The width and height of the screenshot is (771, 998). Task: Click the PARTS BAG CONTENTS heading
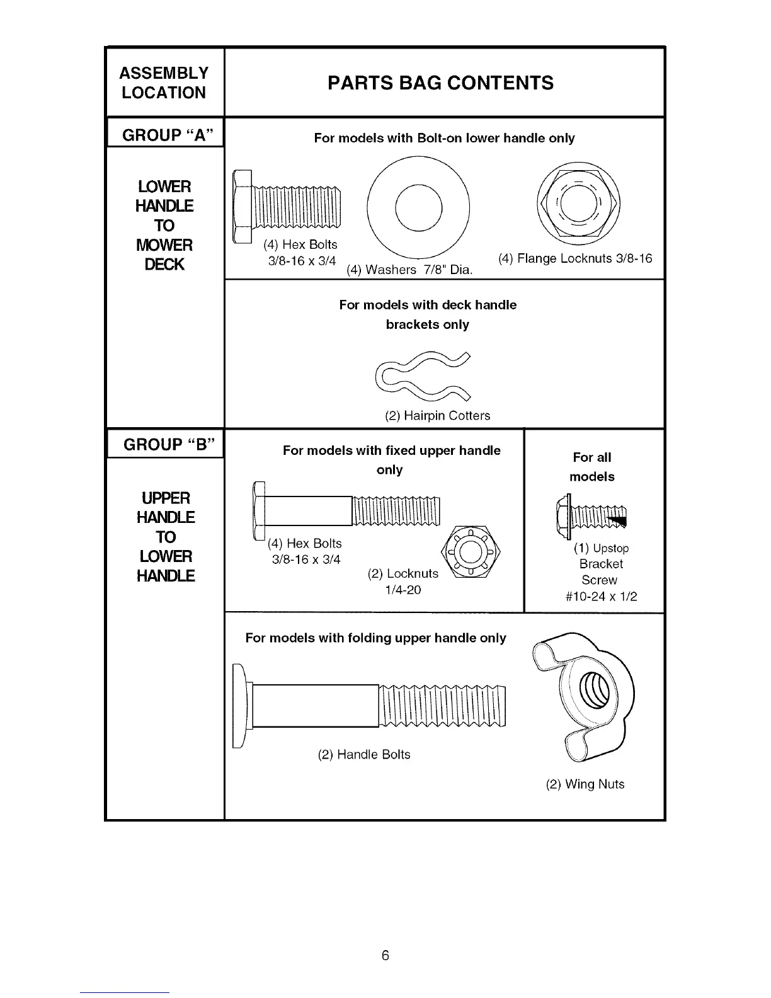(x=440, y=83)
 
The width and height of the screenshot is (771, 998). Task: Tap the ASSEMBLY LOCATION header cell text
(x=164, y=83)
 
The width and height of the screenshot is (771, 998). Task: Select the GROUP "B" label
(x=165, y=445)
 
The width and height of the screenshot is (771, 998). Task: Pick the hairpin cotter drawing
(x=423, y=377)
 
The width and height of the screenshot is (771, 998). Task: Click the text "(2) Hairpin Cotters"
(x=437, y=416)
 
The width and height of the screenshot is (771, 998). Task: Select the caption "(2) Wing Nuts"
(x=585, y=784)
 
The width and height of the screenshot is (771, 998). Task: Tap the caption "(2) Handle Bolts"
(x=364, y=755)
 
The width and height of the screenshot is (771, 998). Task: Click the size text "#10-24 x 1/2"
(x=601, y=597)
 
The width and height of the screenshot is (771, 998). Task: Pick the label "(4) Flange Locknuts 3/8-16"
(x=574, y=259)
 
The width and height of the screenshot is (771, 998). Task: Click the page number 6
(x=385, y=955)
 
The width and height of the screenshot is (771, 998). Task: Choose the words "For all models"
(x=592, y=467)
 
